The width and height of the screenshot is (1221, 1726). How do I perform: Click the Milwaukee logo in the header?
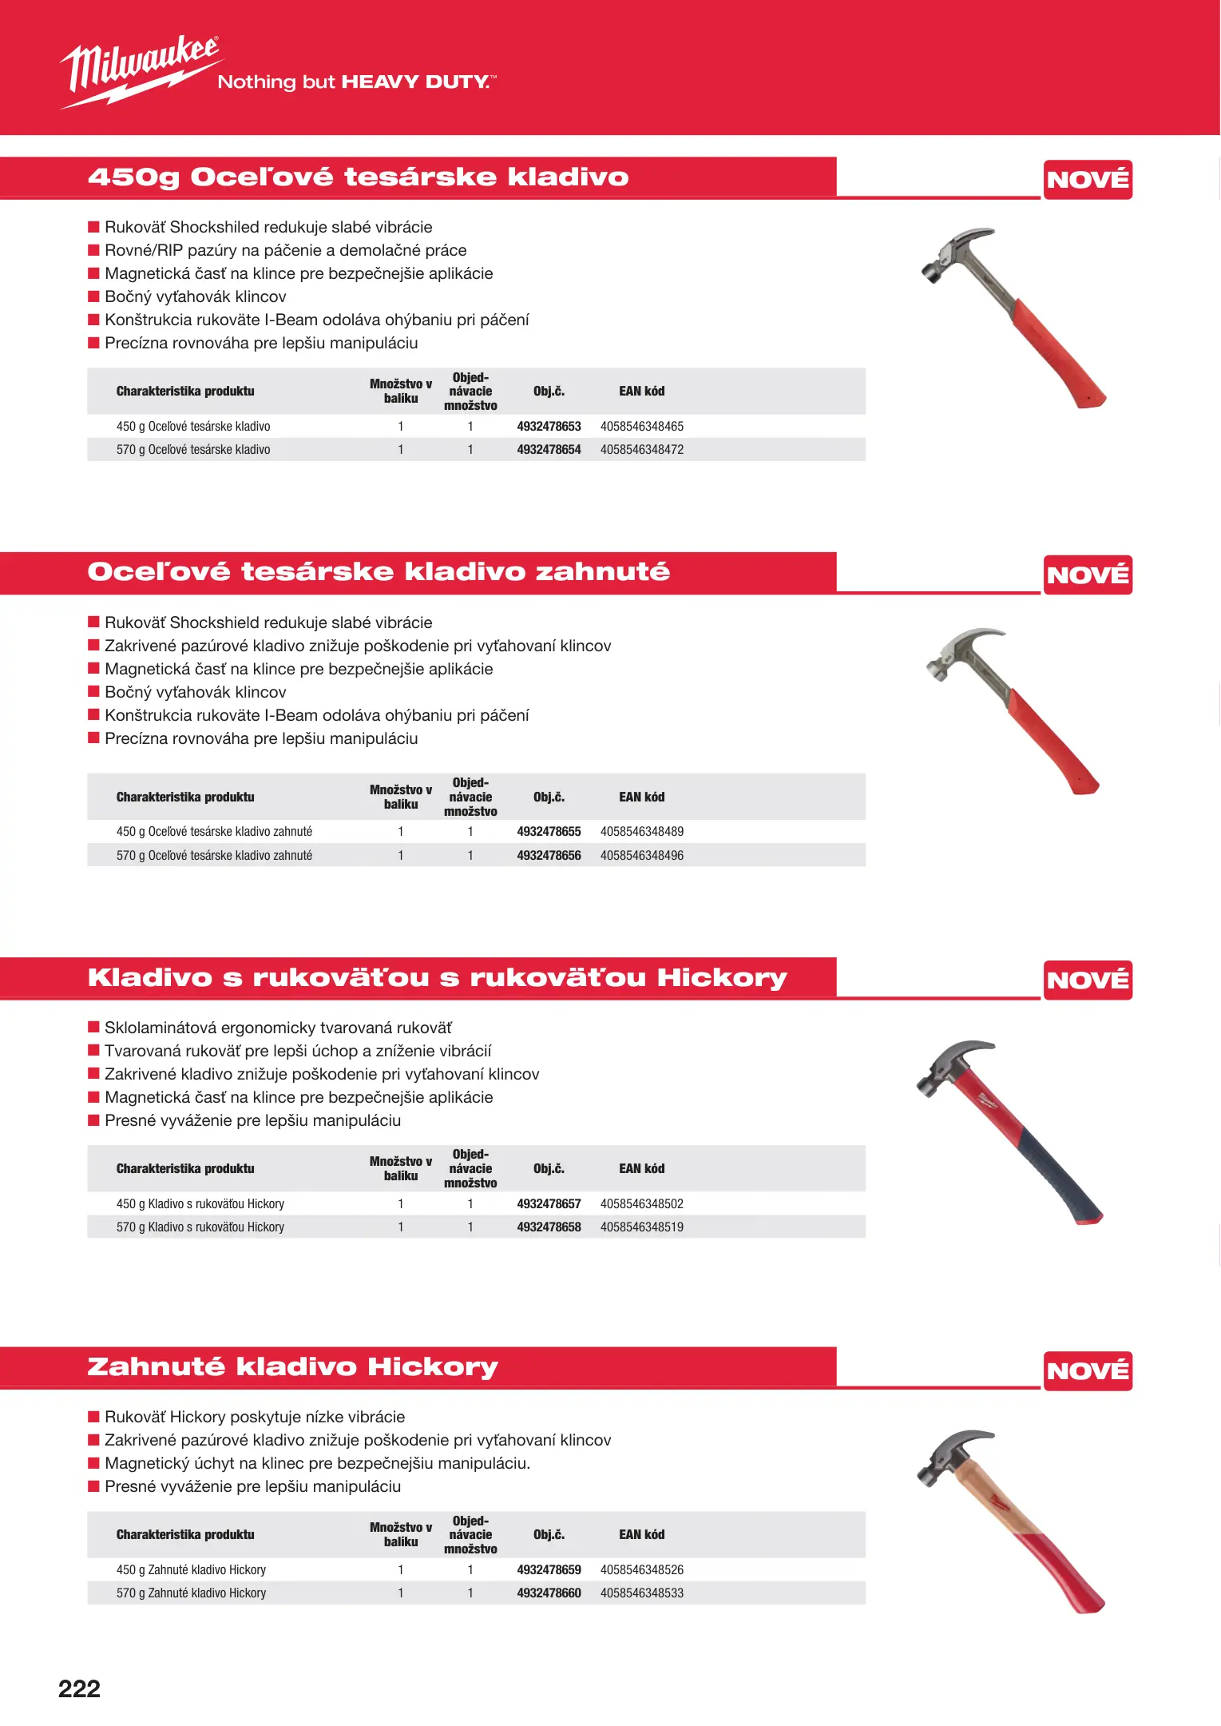141,70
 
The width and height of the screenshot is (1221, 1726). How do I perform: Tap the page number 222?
79,1688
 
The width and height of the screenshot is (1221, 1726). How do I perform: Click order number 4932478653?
549,427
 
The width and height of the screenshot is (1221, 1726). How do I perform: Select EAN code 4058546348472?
642,450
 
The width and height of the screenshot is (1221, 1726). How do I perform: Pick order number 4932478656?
549,856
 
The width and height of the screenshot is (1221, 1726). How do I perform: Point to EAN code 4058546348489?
642,832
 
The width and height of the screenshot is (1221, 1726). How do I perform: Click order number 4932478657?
549,1204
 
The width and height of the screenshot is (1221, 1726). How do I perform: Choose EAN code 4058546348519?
642,1227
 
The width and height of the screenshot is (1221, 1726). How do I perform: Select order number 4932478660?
549,1593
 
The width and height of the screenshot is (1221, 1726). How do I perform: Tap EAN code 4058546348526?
642,1570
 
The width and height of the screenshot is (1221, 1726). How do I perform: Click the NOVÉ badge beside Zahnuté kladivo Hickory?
1088,1371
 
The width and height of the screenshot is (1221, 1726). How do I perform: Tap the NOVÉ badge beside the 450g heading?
1088,180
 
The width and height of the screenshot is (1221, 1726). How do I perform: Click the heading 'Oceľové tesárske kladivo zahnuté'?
379,572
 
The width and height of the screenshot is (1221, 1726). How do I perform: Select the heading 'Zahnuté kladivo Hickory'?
292,1367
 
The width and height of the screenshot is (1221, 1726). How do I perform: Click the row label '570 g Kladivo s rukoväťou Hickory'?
200,1227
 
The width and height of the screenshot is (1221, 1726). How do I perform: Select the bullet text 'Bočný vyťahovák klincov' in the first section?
195,297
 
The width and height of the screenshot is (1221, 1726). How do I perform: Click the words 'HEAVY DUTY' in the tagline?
414,82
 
